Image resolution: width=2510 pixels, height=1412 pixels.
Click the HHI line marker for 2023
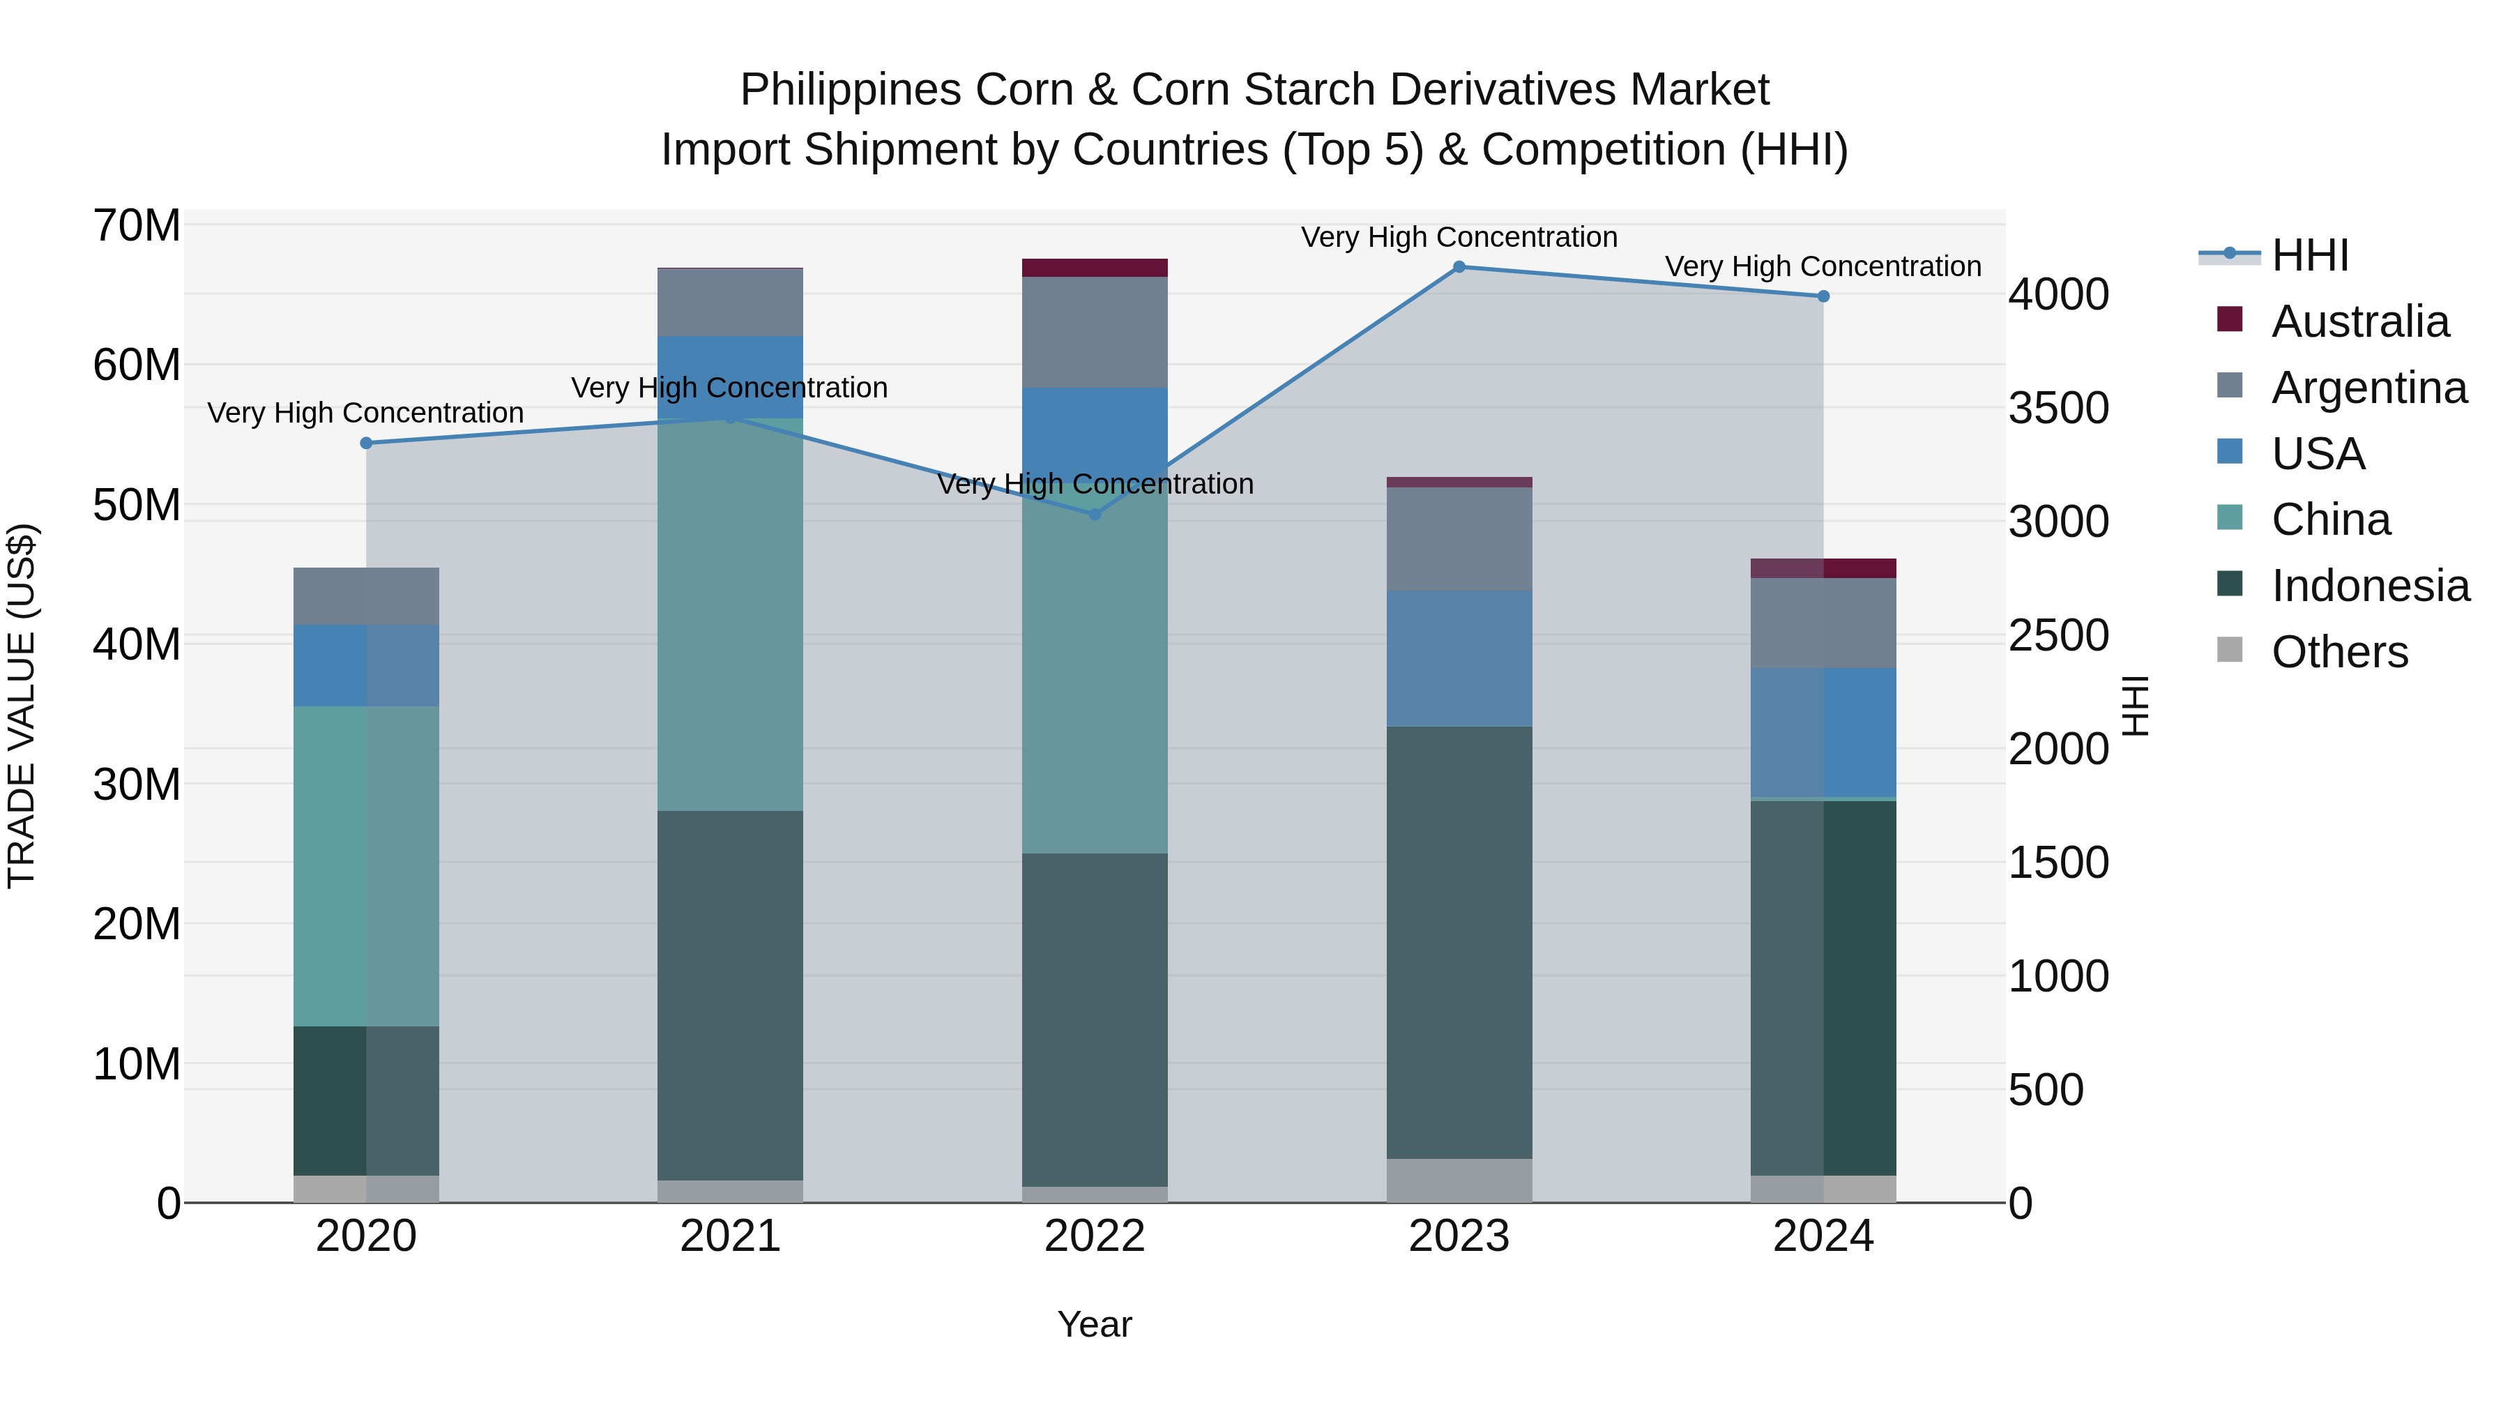point(1459,267)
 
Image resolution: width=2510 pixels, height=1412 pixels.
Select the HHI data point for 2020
point(366,443)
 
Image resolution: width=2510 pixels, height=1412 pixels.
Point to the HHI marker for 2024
point(1823,296)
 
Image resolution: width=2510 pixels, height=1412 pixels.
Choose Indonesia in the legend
point(2370,586)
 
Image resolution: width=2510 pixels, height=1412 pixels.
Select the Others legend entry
point(2338,652)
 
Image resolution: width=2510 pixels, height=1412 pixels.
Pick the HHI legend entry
point(2309,255)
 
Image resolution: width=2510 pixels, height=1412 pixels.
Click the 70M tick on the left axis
point(137,226)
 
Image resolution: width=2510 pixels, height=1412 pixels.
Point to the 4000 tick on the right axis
point(2059,294)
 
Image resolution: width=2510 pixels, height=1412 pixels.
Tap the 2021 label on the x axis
point(730,1236)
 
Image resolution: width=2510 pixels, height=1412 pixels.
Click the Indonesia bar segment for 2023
point(1459,942)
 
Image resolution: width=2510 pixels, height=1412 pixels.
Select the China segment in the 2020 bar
point(366,866)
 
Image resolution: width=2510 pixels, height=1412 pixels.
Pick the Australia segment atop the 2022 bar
point(1094,268)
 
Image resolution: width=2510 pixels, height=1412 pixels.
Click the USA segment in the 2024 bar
point(1823,732)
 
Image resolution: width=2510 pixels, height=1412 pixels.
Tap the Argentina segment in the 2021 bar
point(730,302)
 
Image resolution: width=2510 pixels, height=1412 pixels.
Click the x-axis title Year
point(1094,1324)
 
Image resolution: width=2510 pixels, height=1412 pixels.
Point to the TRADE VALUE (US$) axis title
point(22,706)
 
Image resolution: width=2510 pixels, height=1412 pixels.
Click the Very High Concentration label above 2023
point(1459,237)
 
